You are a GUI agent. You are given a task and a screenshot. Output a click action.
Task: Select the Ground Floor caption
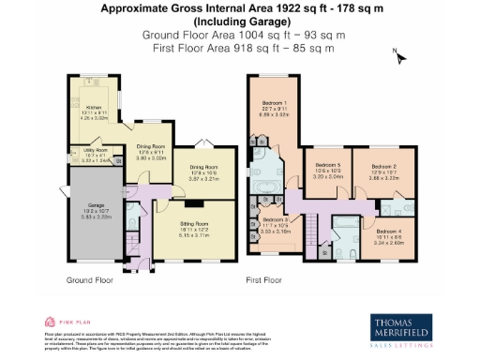point(90,279)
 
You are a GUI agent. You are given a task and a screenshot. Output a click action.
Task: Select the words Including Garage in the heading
point(240,21)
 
